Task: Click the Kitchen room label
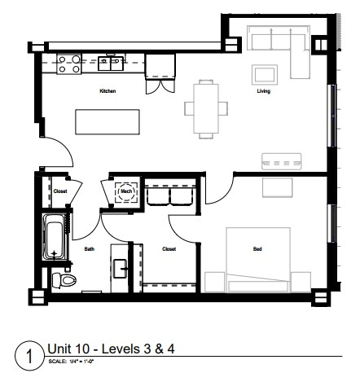tap(108, 91)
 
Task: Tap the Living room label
tap(264, 91)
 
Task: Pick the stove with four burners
tap(68, 63)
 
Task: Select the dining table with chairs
tap(207, 107)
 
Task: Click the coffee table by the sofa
tap(266, 74)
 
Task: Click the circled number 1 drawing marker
tap(29, 356)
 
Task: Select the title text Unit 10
tap(111, 349)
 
